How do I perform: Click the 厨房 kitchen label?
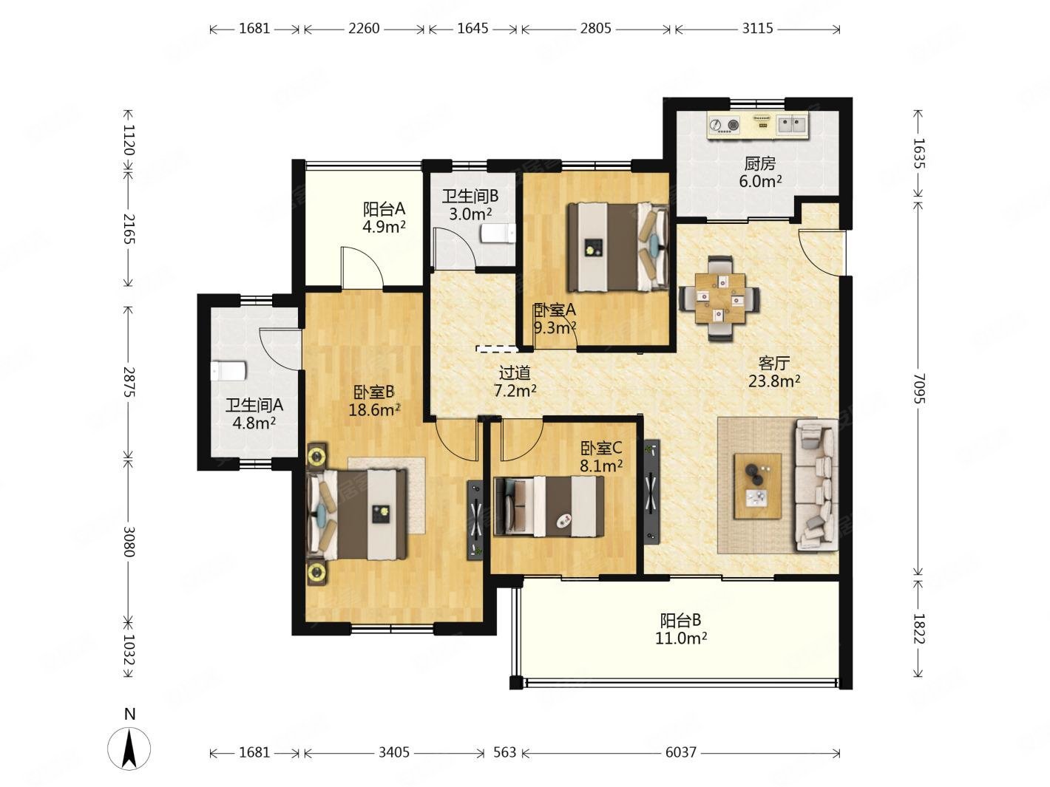tap(759, 164)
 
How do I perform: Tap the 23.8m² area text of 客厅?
tap(774, 381)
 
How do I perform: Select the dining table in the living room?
tap(719, 299)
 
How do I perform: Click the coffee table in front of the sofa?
tap(758, 486)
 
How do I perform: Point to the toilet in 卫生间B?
tap(498, 234)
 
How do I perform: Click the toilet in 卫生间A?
tap(228, 371)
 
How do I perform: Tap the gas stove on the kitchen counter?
tap(723, 126)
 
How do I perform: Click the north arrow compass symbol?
tap(129, 749)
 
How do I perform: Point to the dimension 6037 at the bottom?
tap(680, 752)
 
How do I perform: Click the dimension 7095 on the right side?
tap(919, 388)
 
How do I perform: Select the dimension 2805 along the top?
tap(595, 29)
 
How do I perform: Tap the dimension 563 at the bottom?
tap(505, 752)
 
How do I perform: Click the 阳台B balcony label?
tap(680, 621)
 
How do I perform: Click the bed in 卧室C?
tap(549, 506)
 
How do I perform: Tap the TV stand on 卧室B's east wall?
tap(475, 519)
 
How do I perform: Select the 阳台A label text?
tap(384, 209)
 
